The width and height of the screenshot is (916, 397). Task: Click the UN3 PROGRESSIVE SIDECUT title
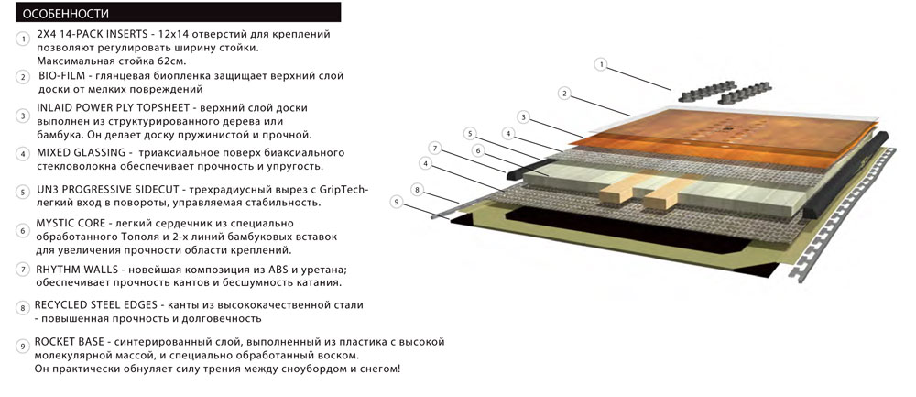[109, 190]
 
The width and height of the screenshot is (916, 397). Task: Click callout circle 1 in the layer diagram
[601, 64]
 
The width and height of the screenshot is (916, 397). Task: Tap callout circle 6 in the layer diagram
[476, 149]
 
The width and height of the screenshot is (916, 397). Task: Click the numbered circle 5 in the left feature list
[22, 192]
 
